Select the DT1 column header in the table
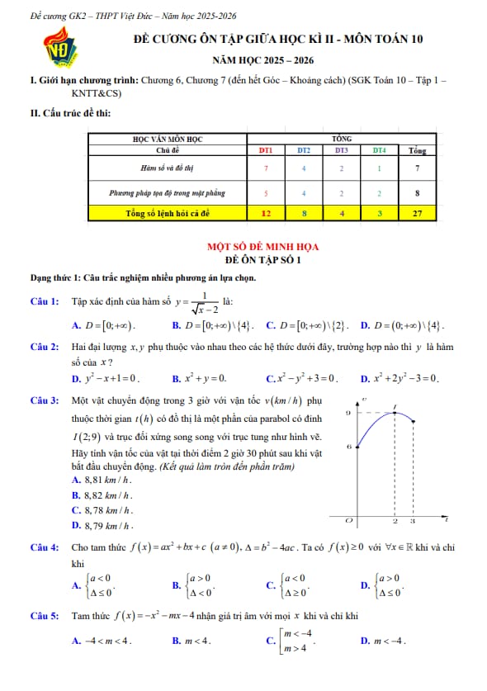(266, 150)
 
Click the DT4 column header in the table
(378, 150)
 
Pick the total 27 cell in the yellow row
(418, 212)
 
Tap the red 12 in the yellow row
(266, 212)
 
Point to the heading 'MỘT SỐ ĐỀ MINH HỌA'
(262, 246)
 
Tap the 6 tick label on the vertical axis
(348, 446)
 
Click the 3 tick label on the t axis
(414, 522)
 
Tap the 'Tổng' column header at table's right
(418, 150)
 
